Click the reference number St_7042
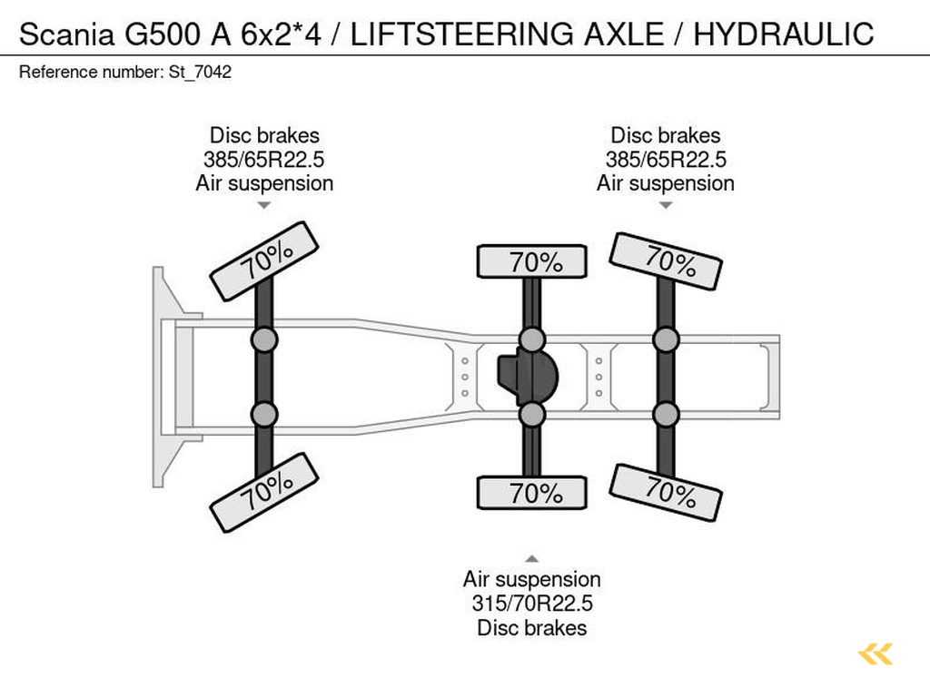pyautogui.click(x=200, y=73)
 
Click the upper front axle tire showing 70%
pyautogui.click(x=264, y=260)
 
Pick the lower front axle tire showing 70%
pyautogui.click(x=264, y=493)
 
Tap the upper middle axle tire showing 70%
pyautogui.click(x=532, y=262)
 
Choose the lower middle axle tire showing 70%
pyautogui.click(x=532, y=494)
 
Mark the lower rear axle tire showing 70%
pyautogui.click(x=666, y=492)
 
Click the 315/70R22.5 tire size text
pyautogui.click(x=532, y=604)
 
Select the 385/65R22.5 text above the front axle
pyautogui.click(x=264, y=160)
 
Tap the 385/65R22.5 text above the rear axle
pyautogui.click(x=666, y=160)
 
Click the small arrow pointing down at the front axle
pyautogui.click(x=264, y=205)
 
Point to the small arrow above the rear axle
pyautogui.click(x=666, y=205)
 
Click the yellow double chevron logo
pyautogui.click(x=876, y=653)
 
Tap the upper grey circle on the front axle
pyautogui.click(x=264, y=340)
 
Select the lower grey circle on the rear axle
pyautogui.click(x=666, y=415)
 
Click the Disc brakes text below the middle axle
pyautogui.click(x=532, y=628)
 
